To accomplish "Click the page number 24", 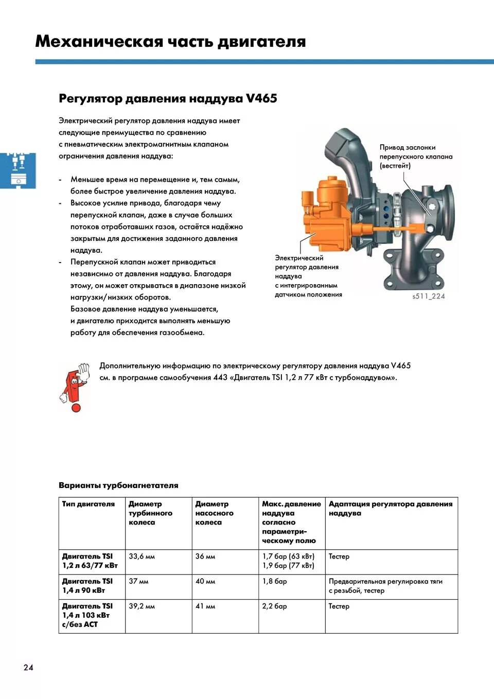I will (28, 668).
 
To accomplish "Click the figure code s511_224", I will (428, 296).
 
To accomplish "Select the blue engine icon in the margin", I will (18, 170).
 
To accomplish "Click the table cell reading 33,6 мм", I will (142, 556).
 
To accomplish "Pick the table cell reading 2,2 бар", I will (275, 606).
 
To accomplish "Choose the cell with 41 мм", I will (205, 606).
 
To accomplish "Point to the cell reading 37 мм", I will (138, 581).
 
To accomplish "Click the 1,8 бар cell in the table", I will (275, 581).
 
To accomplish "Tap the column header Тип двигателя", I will (89, 504).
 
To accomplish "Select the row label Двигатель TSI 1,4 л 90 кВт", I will (87, 586).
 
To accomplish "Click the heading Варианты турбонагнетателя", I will (118, 485).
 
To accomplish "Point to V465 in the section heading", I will (261, 98).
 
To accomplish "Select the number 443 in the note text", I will (220, 377).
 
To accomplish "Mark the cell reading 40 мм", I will (205, 581).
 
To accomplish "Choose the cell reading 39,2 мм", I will (142, 606).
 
